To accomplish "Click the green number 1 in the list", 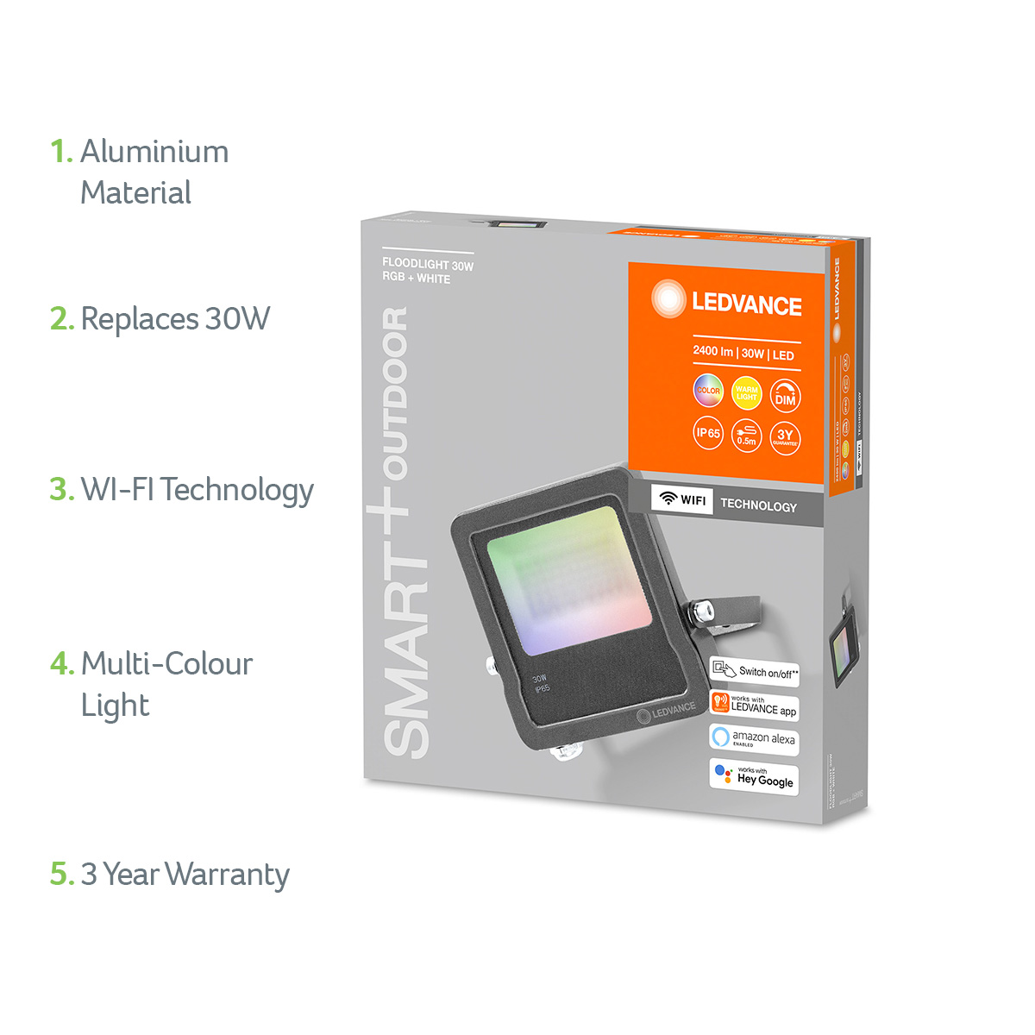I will [59, 152].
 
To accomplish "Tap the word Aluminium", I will [154, 152].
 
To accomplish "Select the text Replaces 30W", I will [175, 319].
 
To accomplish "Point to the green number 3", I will [60, 490].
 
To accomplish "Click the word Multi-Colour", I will [166, 664].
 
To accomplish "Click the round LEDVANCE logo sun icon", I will [668, 298].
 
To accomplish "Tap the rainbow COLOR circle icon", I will [708, 391].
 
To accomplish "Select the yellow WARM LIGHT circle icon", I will [746, 392].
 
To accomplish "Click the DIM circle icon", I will [785, 396].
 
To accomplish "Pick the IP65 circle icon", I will [708, 433].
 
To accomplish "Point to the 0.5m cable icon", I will [746, 436].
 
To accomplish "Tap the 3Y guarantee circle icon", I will [785, 437].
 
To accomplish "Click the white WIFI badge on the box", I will [682, 499].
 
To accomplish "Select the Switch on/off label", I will [755, 672].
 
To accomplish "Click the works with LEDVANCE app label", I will [754, 706].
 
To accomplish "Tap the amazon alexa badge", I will [754, 739].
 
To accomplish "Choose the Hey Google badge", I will [755, 776].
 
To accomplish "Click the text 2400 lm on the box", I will [712, 352].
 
